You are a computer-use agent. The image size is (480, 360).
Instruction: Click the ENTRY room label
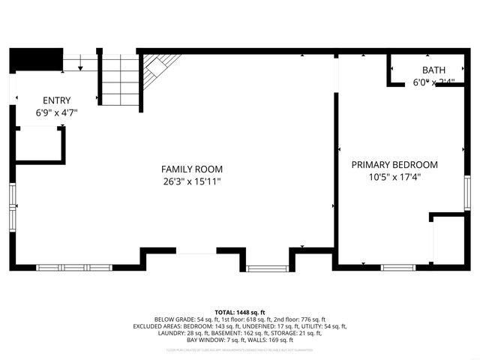click(x=57, y=100)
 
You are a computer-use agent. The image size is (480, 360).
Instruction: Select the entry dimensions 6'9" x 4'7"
click(x=57, y=112)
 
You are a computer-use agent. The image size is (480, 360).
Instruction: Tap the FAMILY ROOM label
click(x=192, y=169)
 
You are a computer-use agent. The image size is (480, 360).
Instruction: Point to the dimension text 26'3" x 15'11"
click(x=192, y=181)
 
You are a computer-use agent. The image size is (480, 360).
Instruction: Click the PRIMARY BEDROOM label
click(x=394, y=165)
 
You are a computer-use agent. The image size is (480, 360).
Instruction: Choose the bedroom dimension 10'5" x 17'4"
click(x=394, y=178)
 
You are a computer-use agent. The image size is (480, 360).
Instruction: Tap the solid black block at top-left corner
click(x=35, y=58)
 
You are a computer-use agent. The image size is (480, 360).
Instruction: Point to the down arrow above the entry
click(x=79, y=66)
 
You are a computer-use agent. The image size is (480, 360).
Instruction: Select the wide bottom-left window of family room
click(x=74, y=267)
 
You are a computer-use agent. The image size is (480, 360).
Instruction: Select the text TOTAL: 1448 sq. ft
click(x=240, y=313)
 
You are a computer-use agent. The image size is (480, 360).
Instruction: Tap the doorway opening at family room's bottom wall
click(x=196, y=254)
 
